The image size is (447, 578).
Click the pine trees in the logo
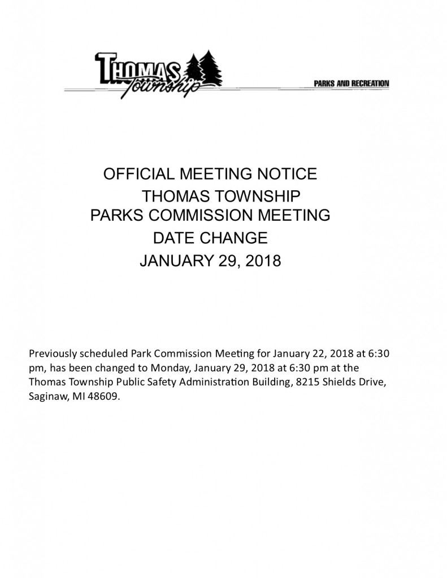coord(205,70)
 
